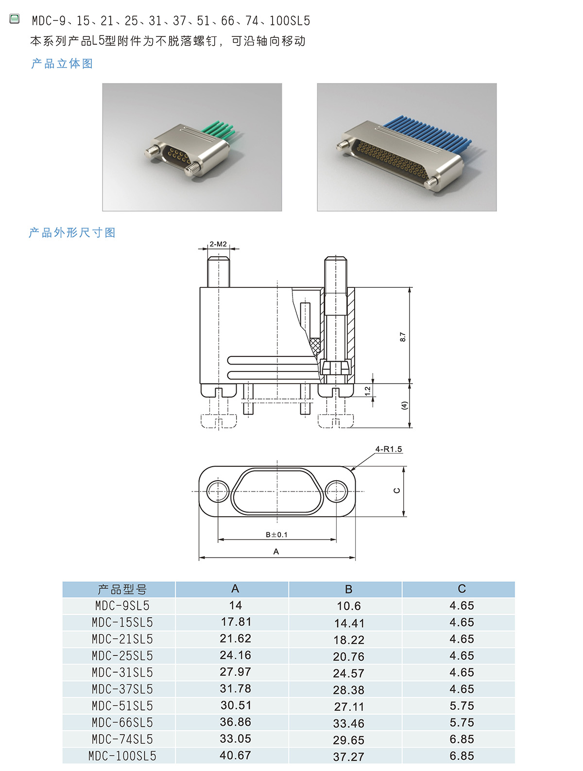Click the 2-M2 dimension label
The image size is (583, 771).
(218, 244)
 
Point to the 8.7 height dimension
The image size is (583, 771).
(402, 337)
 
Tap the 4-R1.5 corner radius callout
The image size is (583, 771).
(389, 449)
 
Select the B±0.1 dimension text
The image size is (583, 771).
(276, 535)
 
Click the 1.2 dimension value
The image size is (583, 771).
(367, 391)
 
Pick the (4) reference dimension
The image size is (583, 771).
(404, 405)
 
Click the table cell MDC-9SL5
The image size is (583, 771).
(122, 606)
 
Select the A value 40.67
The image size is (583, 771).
(235, 755)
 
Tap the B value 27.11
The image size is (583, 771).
(348, 706)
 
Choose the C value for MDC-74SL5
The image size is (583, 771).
(462, 739)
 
